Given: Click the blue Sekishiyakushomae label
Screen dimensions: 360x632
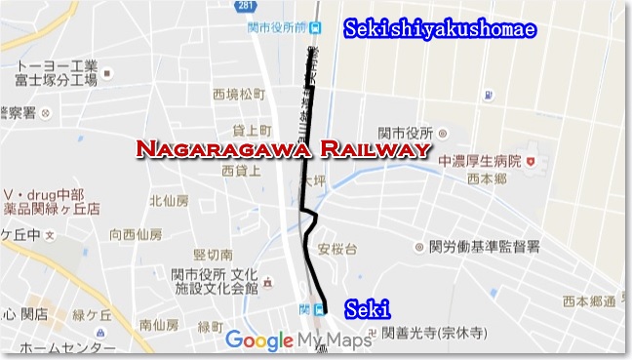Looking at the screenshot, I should (440, 30).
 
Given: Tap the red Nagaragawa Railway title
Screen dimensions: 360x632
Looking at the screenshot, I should (283, 149).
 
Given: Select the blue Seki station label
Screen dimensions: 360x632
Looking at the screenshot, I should (368, 308).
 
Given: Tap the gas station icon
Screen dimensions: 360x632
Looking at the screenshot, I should (485, 96).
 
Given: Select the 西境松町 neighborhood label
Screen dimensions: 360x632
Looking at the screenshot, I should (239, 95).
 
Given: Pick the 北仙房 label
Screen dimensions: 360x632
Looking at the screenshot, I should (168, 201).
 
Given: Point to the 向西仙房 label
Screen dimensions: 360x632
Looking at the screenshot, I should (137, 233).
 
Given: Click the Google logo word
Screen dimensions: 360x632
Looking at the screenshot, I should (258, 340).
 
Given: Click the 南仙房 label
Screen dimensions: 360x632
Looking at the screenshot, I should (158, 323).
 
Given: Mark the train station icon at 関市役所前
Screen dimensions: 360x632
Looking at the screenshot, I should (315, 28).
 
